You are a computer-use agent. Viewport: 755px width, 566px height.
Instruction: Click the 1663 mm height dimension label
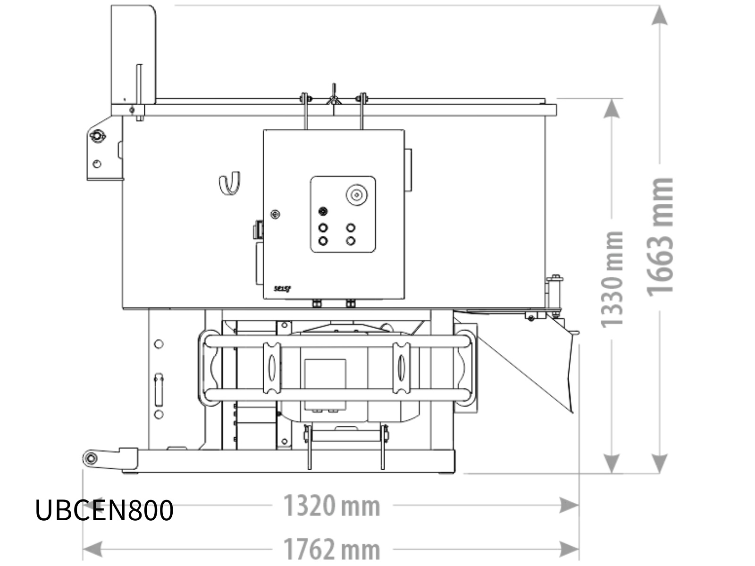coord(661,237)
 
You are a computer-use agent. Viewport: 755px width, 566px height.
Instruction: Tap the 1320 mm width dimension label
coord(332,506)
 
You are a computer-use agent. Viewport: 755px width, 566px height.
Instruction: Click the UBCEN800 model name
coord(104,510)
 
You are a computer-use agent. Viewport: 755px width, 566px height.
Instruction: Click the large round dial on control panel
coord(357,195)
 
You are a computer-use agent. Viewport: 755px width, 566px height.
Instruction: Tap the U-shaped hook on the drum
coord(230,183)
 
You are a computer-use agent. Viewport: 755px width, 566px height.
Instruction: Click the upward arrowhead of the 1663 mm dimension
coord(660,15)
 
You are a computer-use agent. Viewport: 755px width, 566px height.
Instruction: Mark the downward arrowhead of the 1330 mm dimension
coord(612,462)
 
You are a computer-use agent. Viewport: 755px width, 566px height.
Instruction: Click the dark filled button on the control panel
coord(323,211)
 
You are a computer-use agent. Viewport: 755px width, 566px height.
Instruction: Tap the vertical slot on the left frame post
coord(159,390)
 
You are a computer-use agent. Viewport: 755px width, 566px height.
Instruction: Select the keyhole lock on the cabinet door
coord(275,215)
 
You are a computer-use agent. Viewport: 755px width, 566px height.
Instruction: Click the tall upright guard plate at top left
coord(134,54)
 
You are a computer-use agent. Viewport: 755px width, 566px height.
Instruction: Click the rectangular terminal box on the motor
coord(325,383)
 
